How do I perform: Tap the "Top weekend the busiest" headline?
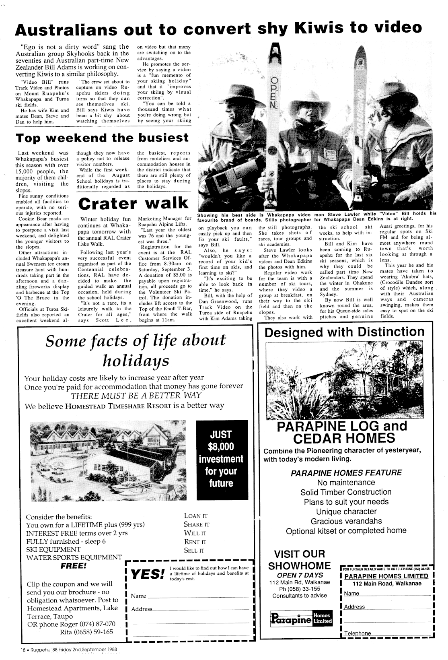point(102,138)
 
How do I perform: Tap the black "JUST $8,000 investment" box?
point(221,459)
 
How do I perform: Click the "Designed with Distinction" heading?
point(345,332)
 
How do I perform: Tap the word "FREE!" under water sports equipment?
point(74,566)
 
